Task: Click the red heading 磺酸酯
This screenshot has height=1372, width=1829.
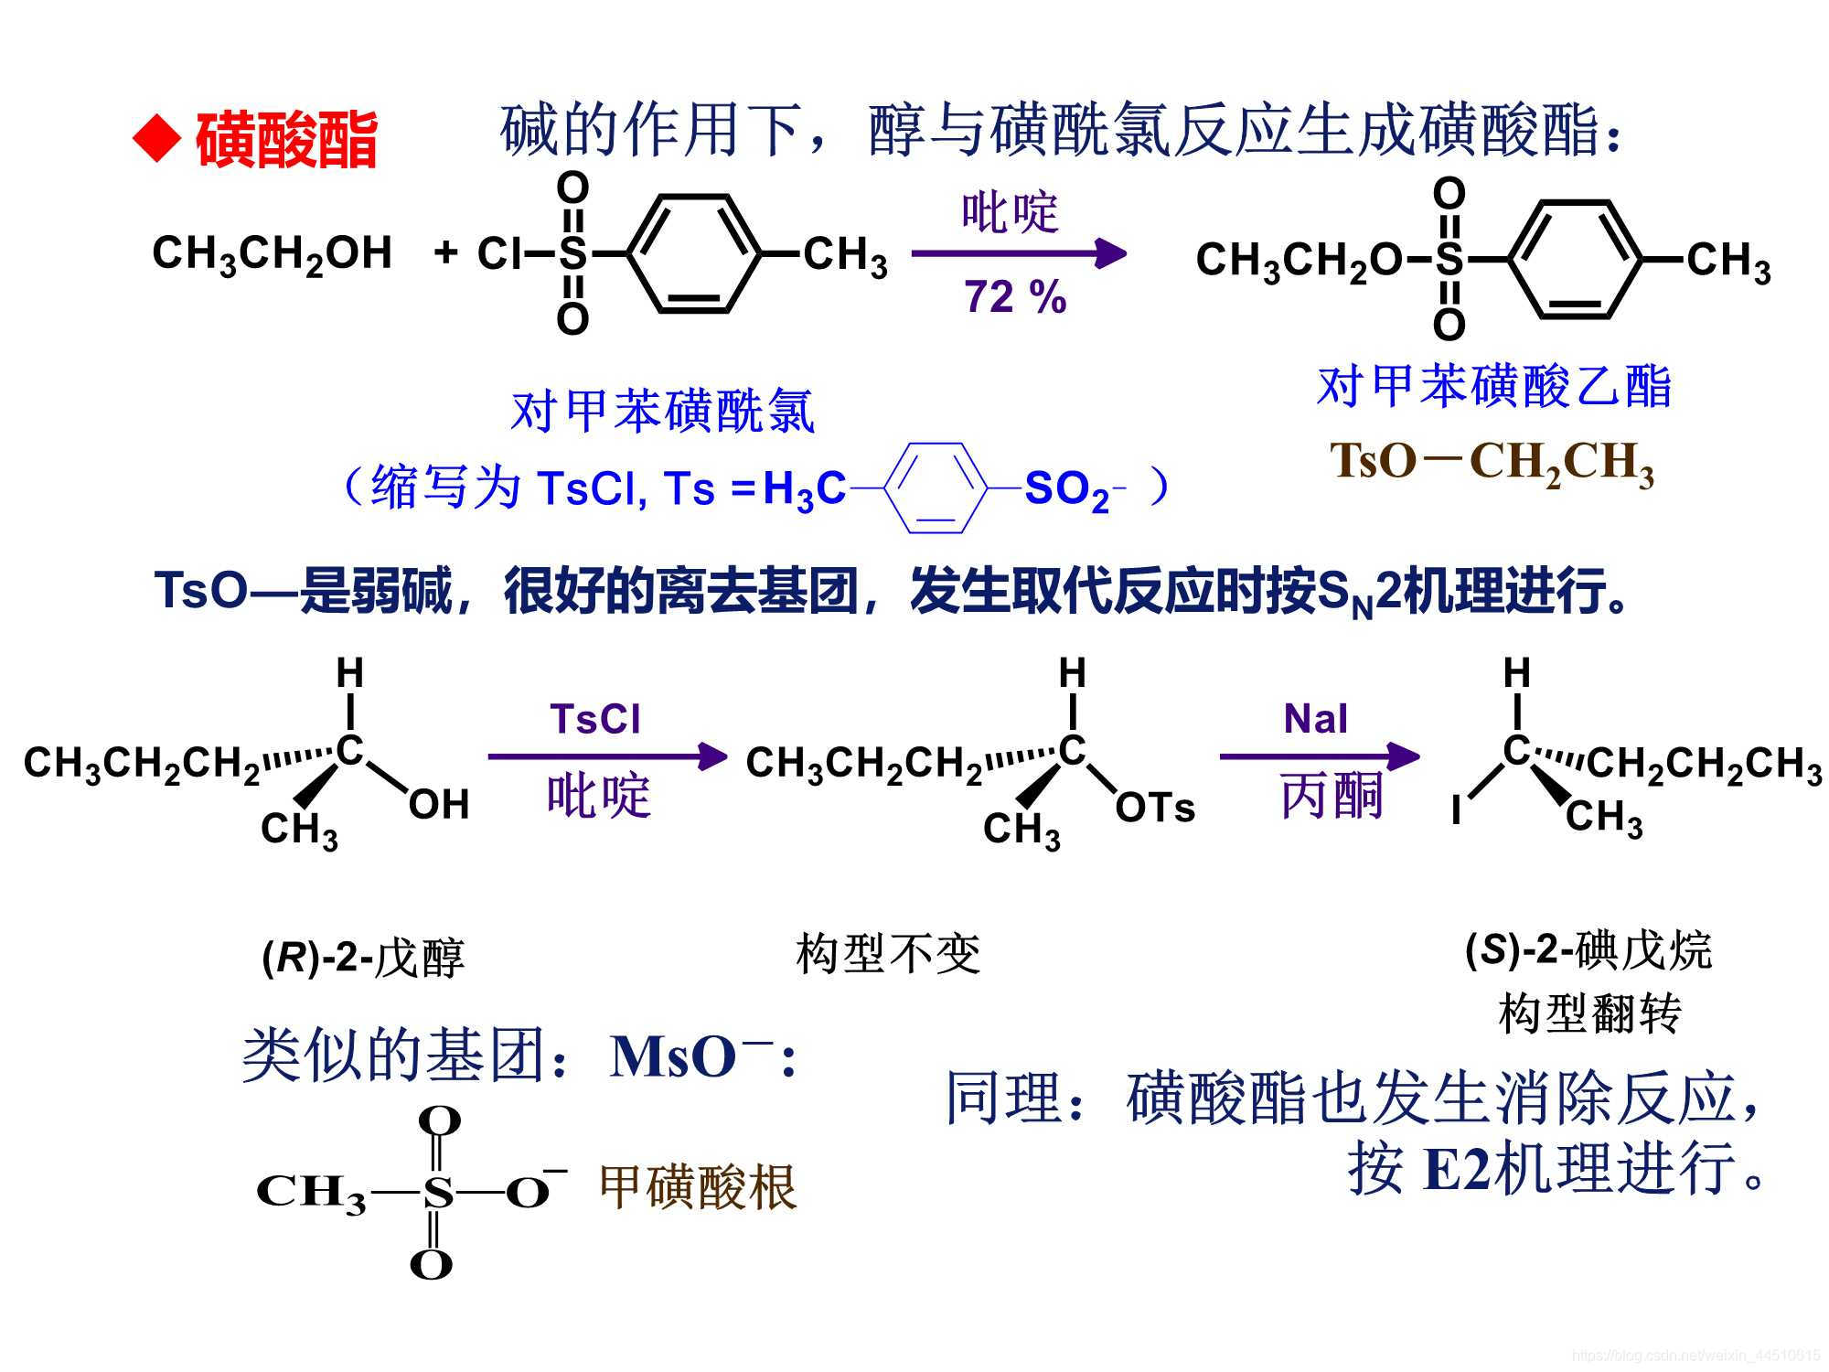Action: (x=286, y=140)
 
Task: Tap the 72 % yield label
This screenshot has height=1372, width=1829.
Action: (x=1015, y=296)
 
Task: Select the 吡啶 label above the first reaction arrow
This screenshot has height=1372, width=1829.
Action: (x=1010, y=212)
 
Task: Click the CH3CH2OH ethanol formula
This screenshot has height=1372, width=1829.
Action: (x=272, y=254)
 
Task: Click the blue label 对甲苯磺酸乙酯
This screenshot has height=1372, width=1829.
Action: (x=1494, y=385)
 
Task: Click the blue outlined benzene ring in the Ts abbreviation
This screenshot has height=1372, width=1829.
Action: (x=936, y=488)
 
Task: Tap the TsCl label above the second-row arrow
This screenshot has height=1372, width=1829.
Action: (x=595, y=719)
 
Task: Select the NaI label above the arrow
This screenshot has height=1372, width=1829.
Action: (x=1315, y=719)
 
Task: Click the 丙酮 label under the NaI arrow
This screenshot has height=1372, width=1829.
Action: (x=1331, y=795)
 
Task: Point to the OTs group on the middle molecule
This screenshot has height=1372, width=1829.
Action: (x=1155, y=808)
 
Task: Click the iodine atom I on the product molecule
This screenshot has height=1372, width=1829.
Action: (x=1456, y=809)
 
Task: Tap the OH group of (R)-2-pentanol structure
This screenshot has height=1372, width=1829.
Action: (x=439, y=805)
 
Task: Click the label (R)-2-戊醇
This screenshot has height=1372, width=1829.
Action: (x=363, y=958)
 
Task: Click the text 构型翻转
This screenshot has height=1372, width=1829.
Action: (x=1589, y=1013)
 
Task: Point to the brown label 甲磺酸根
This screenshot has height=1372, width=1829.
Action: (x=698, y=1187)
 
